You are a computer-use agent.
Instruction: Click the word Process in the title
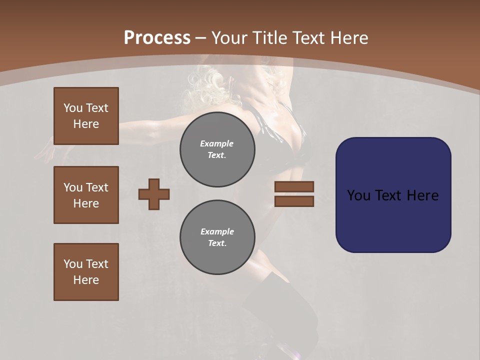point(157,38)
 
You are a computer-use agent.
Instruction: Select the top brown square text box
point(86,116)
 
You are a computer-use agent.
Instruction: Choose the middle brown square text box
point(86,195)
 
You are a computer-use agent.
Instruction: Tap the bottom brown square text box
point(86,272)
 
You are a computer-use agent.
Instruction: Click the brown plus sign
point(154,194)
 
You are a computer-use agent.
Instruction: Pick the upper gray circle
point(217,149)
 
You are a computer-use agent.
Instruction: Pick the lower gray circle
point(217,237)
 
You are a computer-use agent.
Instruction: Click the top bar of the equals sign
point(294,186)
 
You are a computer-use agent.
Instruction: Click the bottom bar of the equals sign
point(294,201)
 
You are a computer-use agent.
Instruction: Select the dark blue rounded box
point(393,195)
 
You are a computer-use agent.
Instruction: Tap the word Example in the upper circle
point(216,143)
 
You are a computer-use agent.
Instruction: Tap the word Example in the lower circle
point(217,231)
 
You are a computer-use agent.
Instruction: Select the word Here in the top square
point(86,124)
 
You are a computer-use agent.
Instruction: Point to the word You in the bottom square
point(72,264)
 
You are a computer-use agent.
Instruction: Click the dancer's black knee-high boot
point(280,305)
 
